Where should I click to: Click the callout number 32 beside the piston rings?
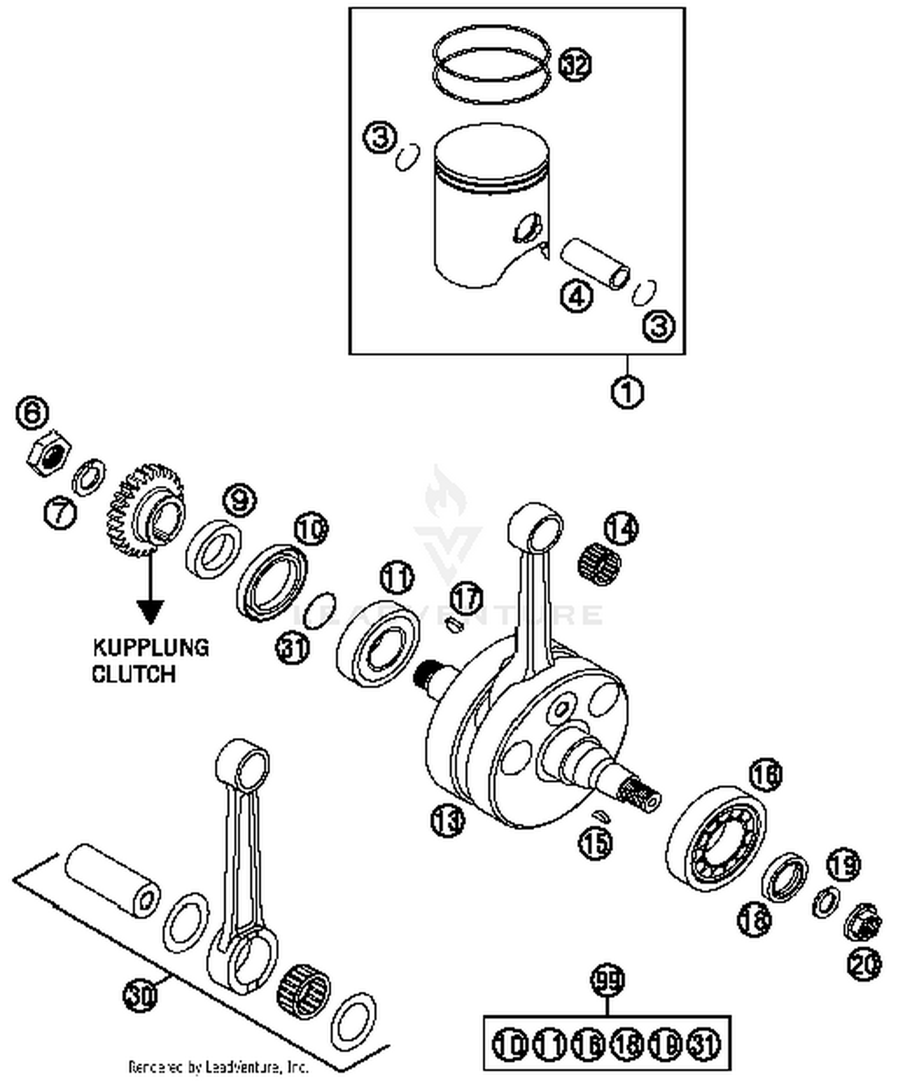(x=575, y=65)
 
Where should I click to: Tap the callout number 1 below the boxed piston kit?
(x=627, y=393)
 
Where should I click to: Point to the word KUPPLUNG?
(x=151, y=648)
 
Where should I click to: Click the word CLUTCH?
(x=134, y=674)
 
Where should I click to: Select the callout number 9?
(x=239, y=500)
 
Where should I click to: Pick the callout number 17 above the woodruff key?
(x=466, y=598)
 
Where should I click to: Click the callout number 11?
(x=397, y=578)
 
